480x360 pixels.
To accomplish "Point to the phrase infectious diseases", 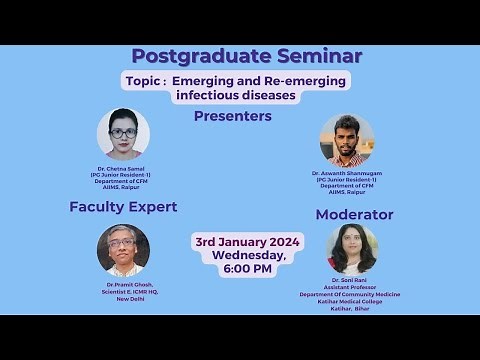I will click(x=236, y=96).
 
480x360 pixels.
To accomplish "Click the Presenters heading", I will click(x=233, y=116).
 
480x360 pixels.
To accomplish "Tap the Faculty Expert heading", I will click(x=123, y=207).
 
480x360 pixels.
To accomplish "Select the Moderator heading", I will click(x=354, y=215).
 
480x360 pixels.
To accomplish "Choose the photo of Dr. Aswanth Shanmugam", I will click(x=347, y=141).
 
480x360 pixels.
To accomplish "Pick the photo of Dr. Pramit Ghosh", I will click(x=123, y=250).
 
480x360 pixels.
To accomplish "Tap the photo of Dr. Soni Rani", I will click(x=352, y=249).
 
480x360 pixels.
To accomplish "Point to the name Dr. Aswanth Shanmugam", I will click(x=347, y=173).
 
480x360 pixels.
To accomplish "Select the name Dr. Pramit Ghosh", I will click(x=123, y=285).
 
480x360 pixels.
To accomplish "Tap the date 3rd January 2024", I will click(x=248, y=242).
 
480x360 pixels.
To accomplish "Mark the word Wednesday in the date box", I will click(x=248, y=256).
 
